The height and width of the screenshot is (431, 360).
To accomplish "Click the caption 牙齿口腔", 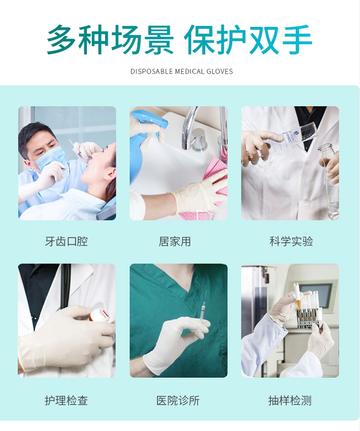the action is (66, 241).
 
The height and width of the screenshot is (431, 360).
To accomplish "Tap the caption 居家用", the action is (175, 241).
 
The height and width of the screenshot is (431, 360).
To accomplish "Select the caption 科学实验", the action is (291, 241).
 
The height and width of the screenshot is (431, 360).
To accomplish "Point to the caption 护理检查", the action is (66, 401).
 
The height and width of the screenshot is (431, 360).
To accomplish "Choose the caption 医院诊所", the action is (178, 401).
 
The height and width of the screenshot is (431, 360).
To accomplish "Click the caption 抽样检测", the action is (290, 401).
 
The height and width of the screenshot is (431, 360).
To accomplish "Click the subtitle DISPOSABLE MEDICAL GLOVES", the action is (181, 72).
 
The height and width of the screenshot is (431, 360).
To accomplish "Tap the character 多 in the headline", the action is (61, 39).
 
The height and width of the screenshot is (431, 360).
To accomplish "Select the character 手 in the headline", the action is (297, 39).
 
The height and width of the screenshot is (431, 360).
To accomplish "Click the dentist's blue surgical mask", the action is (51, 158).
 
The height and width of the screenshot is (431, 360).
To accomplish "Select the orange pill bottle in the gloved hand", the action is (98, 316).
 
